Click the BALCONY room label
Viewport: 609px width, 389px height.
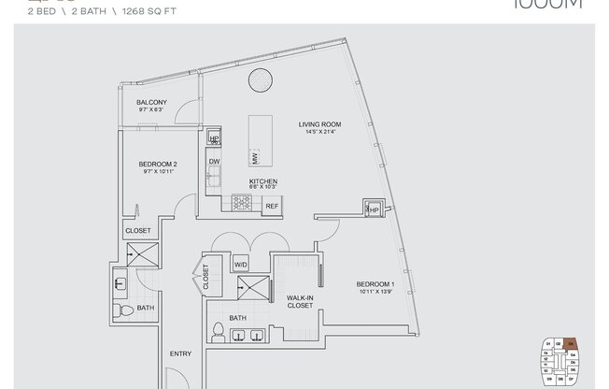(x=151, y=102)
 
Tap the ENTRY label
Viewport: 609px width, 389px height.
(x=180, y=353)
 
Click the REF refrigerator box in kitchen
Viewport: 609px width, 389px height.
(x=272, y=205)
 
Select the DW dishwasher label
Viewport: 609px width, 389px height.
(x=214, y=161)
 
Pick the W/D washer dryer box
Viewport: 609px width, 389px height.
(x=240, y=265)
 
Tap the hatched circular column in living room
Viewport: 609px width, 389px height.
(x=260, y=82)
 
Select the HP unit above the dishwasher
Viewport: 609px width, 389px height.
(x=214, y=140)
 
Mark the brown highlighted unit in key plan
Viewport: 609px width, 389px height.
(x=573, y=342)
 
